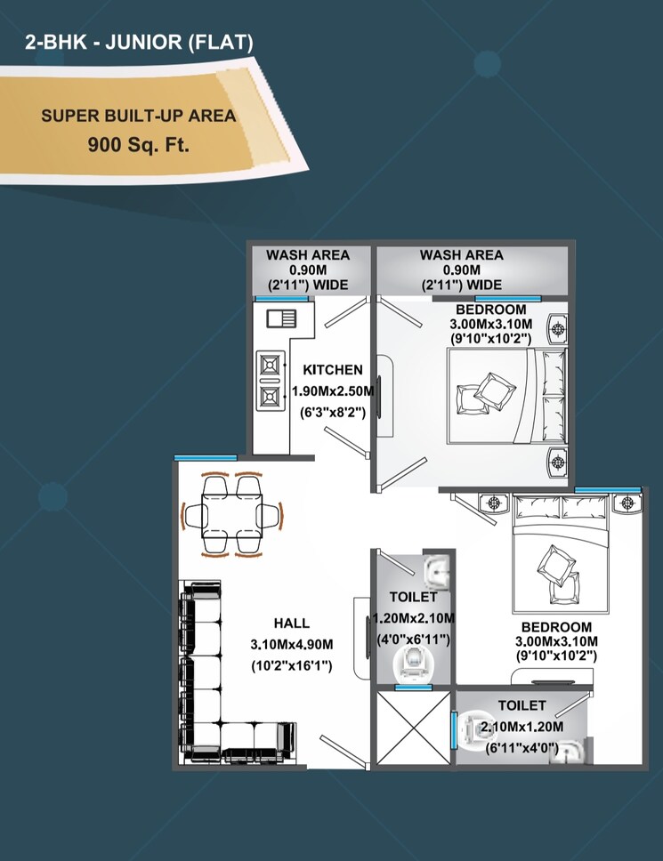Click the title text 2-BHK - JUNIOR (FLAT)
[140, 41]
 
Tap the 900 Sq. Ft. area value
[138, 145]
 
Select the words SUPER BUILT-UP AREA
[138, 117]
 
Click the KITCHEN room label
[333, 370]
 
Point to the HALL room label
[292, 624]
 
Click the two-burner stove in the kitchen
[270, 380]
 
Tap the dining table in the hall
[231, 515]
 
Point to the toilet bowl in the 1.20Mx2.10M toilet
[413, 661]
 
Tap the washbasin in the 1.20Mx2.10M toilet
[434, 569]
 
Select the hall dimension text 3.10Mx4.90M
[292, 645]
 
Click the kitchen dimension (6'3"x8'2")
[333, 412]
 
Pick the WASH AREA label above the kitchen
[308, 255]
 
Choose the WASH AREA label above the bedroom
[461, 255]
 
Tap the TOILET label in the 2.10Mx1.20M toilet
[522, 705]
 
